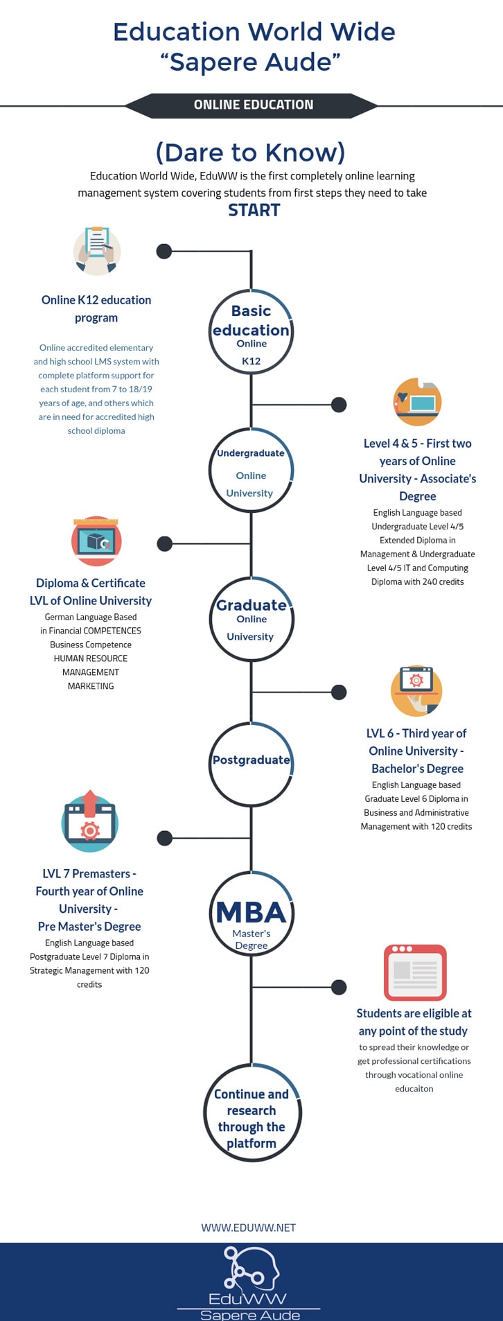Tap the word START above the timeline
tap(254, 211)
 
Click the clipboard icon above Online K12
tap(97, 251)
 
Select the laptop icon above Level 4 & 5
tap(417, 402)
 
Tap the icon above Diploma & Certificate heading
tap(96, 541)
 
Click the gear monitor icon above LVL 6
tap(416, 691)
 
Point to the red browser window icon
tap(415, 972)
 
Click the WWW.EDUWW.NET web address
tap(249, 1227)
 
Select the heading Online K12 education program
tap(96, 309)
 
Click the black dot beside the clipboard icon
tap(164, 251)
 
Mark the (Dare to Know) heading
tap(251, 152)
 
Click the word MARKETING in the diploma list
tap(91, 686)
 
